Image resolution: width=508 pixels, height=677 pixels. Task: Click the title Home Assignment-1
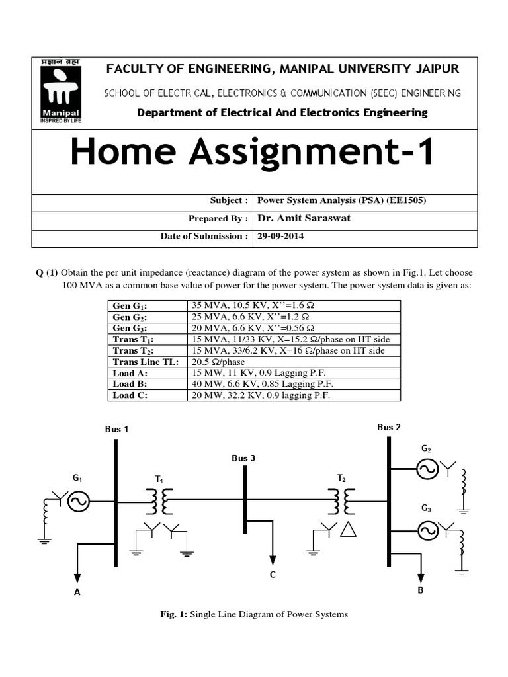pyautogui.click(x=253, y=151)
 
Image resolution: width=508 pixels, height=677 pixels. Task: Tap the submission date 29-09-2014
pyautogui.click(x=280, y=236)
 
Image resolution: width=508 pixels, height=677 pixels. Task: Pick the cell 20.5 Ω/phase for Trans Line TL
pyautogui.click(x=218, y=362)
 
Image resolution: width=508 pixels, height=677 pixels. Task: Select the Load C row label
pyautogui.click(x=130, y=395)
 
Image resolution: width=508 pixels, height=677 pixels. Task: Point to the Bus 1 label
pyautogui.click(x=116, y=429)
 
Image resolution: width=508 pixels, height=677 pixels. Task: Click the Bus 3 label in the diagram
pyautogui.click(x=243, y=458)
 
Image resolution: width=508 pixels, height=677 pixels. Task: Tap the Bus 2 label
pyautogui.click(x=389, y=427)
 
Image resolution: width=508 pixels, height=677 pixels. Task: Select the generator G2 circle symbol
pyautogui.click(x=427, y=470)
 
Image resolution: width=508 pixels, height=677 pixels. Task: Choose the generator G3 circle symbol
pyautogui.click(x=427, y=530)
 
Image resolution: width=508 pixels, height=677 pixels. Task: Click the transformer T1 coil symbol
pyautogui.click(x=159, y=502)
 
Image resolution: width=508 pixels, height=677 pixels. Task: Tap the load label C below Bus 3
pyautogui.click(x=272, y=575)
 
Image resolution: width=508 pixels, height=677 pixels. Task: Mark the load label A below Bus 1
pyautogui.click(x=77, y=592)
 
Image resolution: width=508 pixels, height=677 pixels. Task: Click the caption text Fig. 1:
pyautogui.click(x=174, y=615)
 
